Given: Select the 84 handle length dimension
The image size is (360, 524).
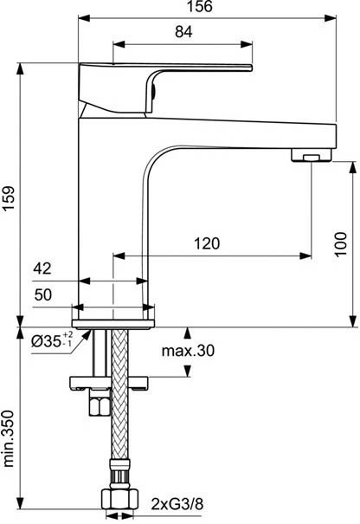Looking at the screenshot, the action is [x=183, y=32].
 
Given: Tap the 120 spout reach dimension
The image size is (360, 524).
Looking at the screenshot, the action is [x=207, y=243].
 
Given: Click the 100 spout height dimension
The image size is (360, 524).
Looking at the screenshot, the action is [x=341, y=244].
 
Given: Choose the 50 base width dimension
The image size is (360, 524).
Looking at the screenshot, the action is [x=43, y=294].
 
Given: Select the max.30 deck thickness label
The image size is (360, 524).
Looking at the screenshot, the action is [x=188, y=351].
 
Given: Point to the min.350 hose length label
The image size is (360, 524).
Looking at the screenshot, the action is [x=9, y=439].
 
